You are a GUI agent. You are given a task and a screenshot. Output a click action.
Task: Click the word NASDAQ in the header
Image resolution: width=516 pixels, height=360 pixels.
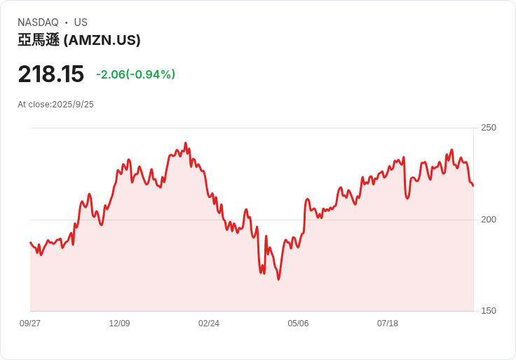[38, 22]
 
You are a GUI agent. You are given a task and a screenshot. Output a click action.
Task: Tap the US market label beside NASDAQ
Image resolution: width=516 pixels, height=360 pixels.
[81, 22]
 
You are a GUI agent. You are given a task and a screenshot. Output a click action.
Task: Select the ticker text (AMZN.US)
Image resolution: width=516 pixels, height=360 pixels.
[102, 40]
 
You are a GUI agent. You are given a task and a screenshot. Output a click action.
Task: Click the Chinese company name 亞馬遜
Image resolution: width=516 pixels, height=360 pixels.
[39, 40]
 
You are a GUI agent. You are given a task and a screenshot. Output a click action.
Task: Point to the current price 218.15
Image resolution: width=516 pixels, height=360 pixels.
[51, 74]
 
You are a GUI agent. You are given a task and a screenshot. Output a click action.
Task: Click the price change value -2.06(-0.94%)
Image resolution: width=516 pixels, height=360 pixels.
[135, 74]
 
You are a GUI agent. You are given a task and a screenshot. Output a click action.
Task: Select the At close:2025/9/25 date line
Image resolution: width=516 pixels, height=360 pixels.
[55, 105]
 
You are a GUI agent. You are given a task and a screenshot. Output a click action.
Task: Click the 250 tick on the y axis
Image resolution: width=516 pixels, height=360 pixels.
[489, 128]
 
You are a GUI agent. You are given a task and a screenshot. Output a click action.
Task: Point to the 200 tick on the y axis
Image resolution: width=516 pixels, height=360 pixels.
[489, 220]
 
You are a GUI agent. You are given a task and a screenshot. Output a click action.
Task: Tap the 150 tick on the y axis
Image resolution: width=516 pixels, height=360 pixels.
[489, 311]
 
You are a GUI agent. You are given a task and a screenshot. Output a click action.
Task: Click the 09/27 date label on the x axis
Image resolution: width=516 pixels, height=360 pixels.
[30, 323]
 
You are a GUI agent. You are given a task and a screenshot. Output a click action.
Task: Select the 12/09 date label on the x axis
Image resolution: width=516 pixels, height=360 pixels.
[119, 323]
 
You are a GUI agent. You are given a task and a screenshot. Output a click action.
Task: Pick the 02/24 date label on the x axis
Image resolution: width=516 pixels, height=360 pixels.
[209, 323]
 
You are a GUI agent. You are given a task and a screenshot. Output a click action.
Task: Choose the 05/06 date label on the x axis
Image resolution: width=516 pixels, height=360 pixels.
[298, 323]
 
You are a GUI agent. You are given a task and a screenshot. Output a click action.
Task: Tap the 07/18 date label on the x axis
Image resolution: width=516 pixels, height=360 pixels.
[387, 323]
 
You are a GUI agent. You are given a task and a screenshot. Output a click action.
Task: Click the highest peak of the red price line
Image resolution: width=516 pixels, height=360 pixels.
[186, 143]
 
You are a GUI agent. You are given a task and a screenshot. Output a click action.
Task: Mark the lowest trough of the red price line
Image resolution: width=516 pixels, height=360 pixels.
[279, 279]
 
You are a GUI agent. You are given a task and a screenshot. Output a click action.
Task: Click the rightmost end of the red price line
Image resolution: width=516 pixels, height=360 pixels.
[473, 186]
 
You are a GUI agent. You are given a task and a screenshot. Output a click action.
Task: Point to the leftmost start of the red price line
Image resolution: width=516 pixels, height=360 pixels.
[30, 242]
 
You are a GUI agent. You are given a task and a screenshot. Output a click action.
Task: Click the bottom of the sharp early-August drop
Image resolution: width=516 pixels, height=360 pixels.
[407, 199]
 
